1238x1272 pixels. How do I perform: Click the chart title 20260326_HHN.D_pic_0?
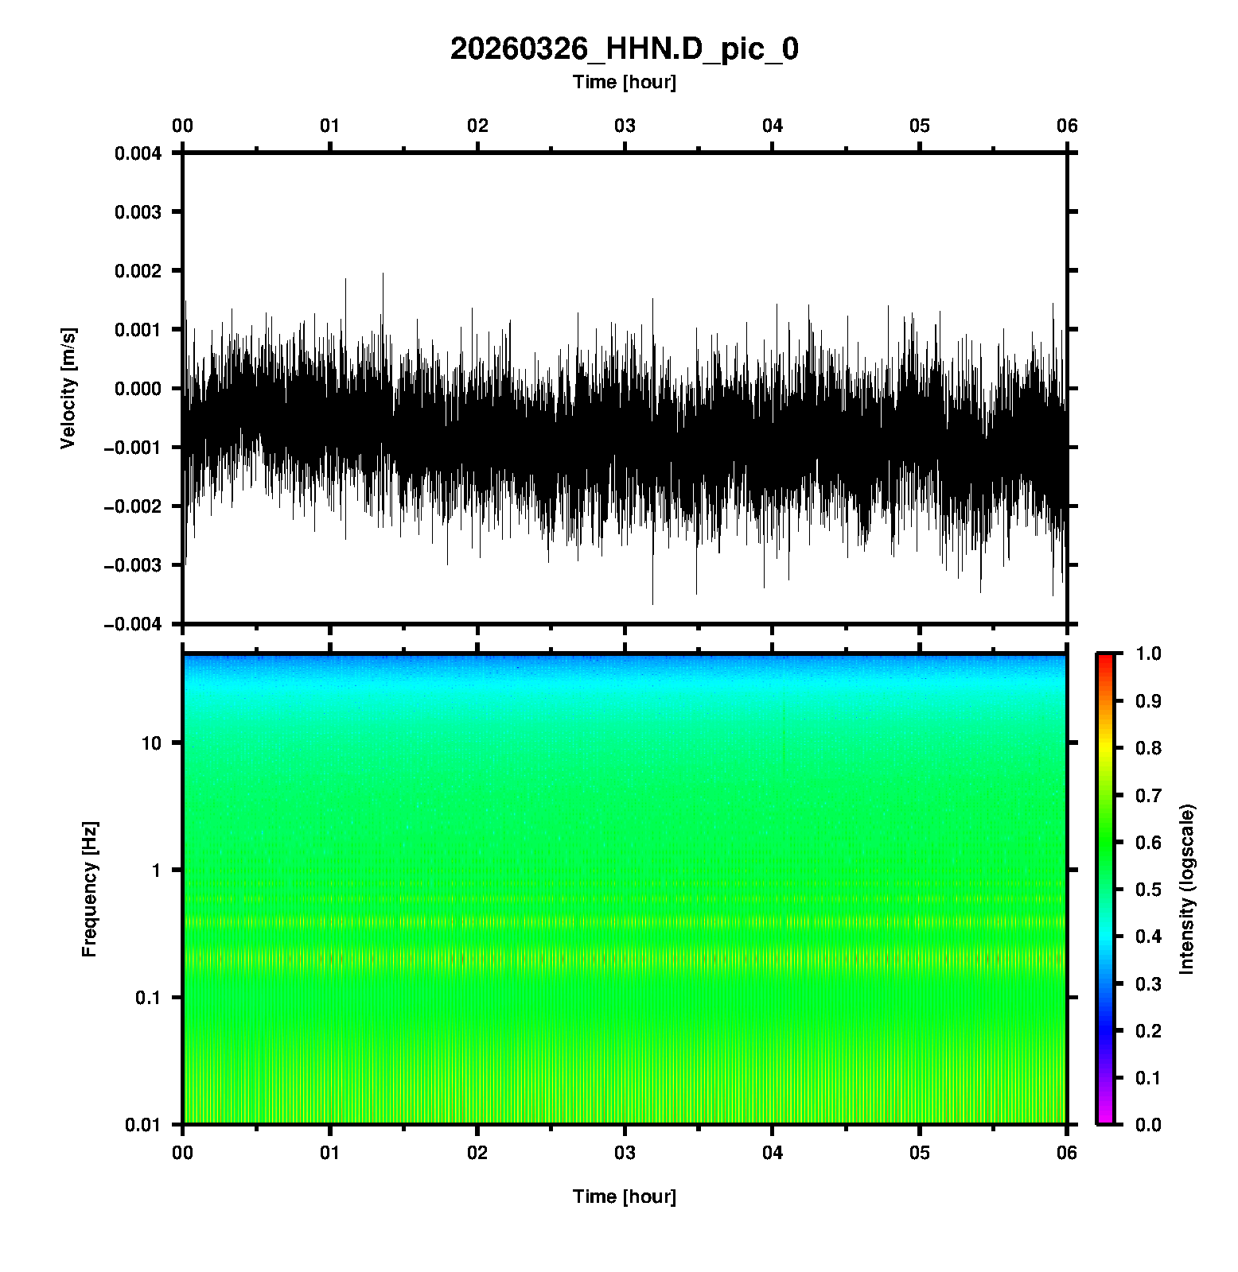tap(624, 49)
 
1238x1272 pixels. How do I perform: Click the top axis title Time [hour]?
tap(624, 82)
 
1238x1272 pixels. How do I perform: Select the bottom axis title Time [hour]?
tap(624, 1196)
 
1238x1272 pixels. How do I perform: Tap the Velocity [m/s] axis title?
tap(69, 388)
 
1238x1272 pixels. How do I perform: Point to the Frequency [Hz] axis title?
tap(89, 889)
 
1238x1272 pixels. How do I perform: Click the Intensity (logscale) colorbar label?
tap(1187, 889)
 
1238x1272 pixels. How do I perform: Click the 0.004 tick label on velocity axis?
tap(138, 153)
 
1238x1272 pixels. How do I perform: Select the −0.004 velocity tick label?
tap(133, 624)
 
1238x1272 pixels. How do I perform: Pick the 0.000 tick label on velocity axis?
tap(138, 389)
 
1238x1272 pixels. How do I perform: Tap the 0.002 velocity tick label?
tap(138, 271)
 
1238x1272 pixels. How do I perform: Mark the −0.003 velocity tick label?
tap(133, 565)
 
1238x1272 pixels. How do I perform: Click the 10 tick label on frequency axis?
tap(151, 743)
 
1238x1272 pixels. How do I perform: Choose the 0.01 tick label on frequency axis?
tap(143, 1125)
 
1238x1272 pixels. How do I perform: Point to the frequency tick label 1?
tap(156, 871)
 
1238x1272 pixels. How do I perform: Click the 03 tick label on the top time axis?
tap(625, 126)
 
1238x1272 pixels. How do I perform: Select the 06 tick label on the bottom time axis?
tap(1067, 1153)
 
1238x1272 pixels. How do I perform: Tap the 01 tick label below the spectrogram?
tap(329, 1153)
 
